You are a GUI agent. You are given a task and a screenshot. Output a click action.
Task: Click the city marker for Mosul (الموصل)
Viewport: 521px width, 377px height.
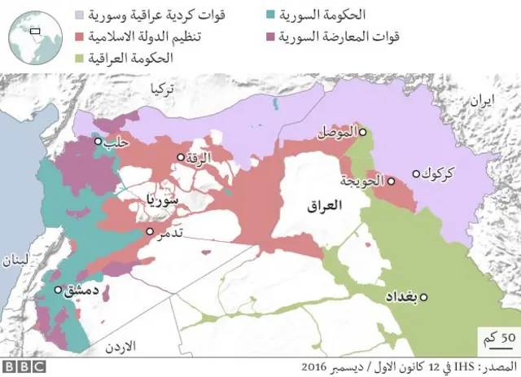coord(363,132)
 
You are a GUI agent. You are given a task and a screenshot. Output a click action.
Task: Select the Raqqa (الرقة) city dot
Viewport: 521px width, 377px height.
coord(180,157)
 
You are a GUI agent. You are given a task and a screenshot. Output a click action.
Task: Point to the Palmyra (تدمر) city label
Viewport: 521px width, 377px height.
coord(169,233)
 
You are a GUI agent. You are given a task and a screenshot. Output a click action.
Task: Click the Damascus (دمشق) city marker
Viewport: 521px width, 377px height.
coord(58,289)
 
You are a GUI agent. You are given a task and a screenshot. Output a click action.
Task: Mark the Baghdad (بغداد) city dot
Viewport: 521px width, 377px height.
coord(423,296)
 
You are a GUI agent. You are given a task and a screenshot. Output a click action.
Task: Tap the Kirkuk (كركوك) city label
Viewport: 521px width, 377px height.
coord(440,174)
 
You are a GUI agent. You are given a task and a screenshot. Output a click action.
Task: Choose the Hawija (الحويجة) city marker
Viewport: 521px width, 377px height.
coord(391,181)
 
